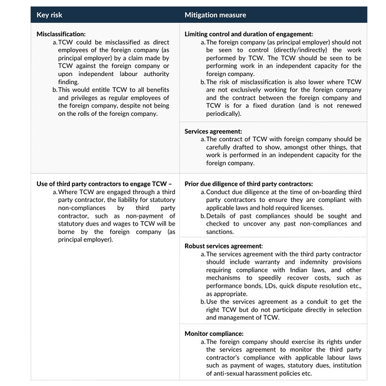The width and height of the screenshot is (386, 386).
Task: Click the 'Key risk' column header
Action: pyautogui.click(x=51, y=14)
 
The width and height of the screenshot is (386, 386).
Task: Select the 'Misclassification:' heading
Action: pyautogui.click(x=61, y=34)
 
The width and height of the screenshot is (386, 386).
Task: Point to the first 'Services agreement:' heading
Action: pyautogui.click(x=213, y=131)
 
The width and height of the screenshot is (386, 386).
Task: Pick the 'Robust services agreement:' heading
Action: pyautogui.click(x=223, y=246)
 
